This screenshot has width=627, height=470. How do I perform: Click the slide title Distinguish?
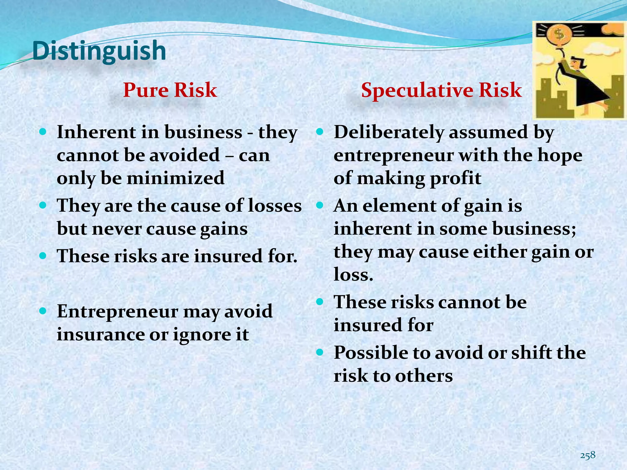(99, 51)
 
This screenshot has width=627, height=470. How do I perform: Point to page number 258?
(588, 455)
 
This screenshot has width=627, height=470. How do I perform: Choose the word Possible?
(371, 352)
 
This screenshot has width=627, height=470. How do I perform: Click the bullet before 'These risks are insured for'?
(43, 255)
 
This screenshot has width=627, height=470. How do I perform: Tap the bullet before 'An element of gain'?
(320, 205)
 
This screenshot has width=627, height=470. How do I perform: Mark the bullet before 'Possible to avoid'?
(320, 352)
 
